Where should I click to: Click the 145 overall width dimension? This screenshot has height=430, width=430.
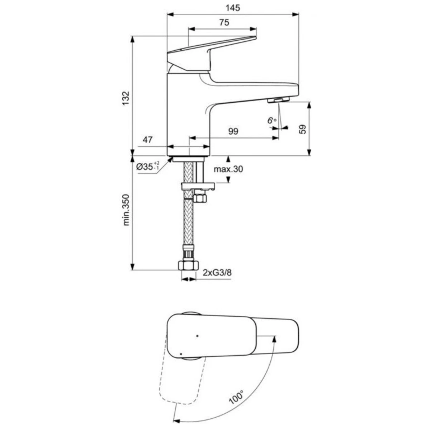point(233,8)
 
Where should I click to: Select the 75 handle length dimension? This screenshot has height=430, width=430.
point(224,23)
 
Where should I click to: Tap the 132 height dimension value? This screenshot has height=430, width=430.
point(126,98)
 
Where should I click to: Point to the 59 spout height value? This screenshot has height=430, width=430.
point(302,129)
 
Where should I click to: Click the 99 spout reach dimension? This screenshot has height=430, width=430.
point(233,131)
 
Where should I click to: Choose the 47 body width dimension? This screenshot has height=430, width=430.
point(148,140)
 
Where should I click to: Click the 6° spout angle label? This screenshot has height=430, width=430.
point(272,120)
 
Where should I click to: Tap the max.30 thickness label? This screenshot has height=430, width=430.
point(228,169)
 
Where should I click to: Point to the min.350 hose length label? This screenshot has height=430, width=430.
point(126,210)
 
